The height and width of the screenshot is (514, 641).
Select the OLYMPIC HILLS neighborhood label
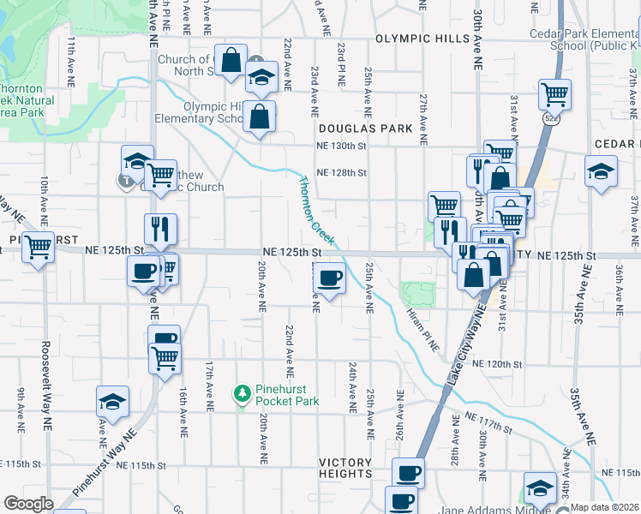pos(423,39)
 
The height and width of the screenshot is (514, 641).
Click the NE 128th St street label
pos(341,173)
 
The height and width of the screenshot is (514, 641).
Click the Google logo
pos(28,504)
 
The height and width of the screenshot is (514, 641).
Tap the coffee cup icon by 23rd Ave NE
pos(330,277)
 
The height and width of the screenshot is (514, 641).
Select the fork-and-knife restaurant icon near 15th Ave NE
pos(160,228)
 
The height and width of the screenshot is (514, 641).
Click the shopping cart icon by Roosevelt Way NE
pos(38,247)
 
